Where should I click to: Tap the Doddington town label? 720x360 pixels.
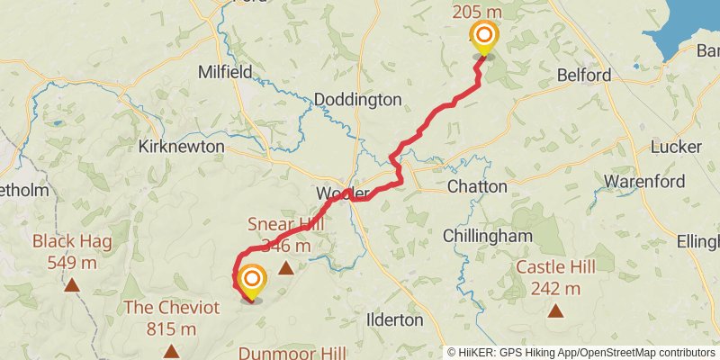[357, 100]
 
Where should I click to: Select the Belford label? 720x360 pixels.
[584, 76]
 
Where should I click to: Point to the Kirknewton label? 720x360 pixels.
[181, 145]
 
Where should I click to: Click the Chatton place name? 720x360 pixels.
[477, 186]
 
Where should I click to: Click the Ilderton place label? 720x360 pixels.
[395, 319]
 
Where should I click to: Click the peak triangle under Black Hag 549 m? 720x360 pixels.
[71, 286]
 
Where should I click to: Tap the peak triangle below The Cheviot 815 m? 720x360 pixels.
[171, 350]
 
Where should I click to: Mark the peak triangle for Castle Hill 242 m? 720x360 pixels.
[556, 312]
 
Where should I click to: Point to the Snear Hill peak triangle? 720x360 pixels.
[286, 267]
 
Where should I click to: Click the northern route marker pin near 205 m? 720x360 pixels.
[484, 38]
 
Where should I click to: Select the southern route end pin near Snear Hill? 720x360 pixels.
[251, 281]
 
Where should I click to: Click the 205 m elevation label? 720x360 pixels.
[477, 11]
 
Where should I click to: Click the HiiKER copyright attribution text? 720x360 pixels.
[581, 352]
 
